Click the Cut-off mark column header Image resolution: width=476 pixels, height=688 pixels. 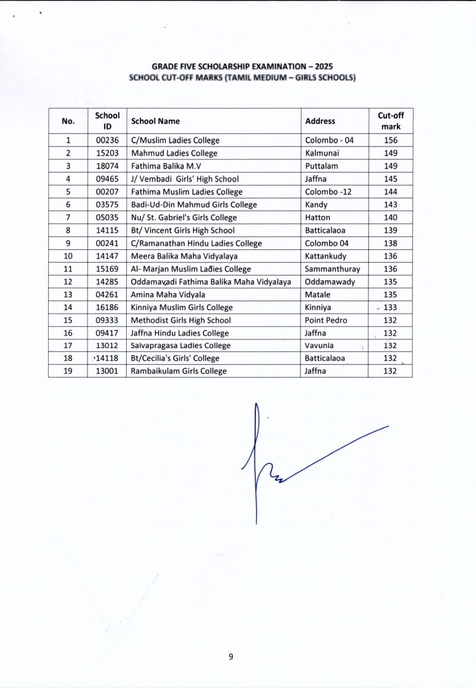(390, 121)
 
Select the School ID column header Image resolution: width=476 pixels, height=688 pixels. (107, 121)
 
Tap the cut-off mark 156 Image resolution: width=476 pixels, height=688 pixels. (390, 140)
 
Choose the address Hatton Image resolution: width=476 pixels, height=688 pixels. (317, 218)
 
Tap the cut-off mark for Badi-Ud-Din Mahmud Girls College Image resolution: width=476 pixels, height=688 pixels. (390, 205)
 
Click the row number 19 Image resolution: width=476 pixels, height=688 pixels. (68, 371)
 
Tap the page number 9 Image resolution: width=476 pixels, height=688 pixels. (230, 656)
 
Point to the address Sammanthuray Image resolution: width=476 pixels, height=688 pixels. (331, 269)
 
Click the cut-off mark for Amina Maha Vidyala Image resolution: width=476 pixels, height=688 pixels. (390, 295)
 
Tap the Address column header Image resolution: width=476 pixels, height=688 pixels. (320, 121)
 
